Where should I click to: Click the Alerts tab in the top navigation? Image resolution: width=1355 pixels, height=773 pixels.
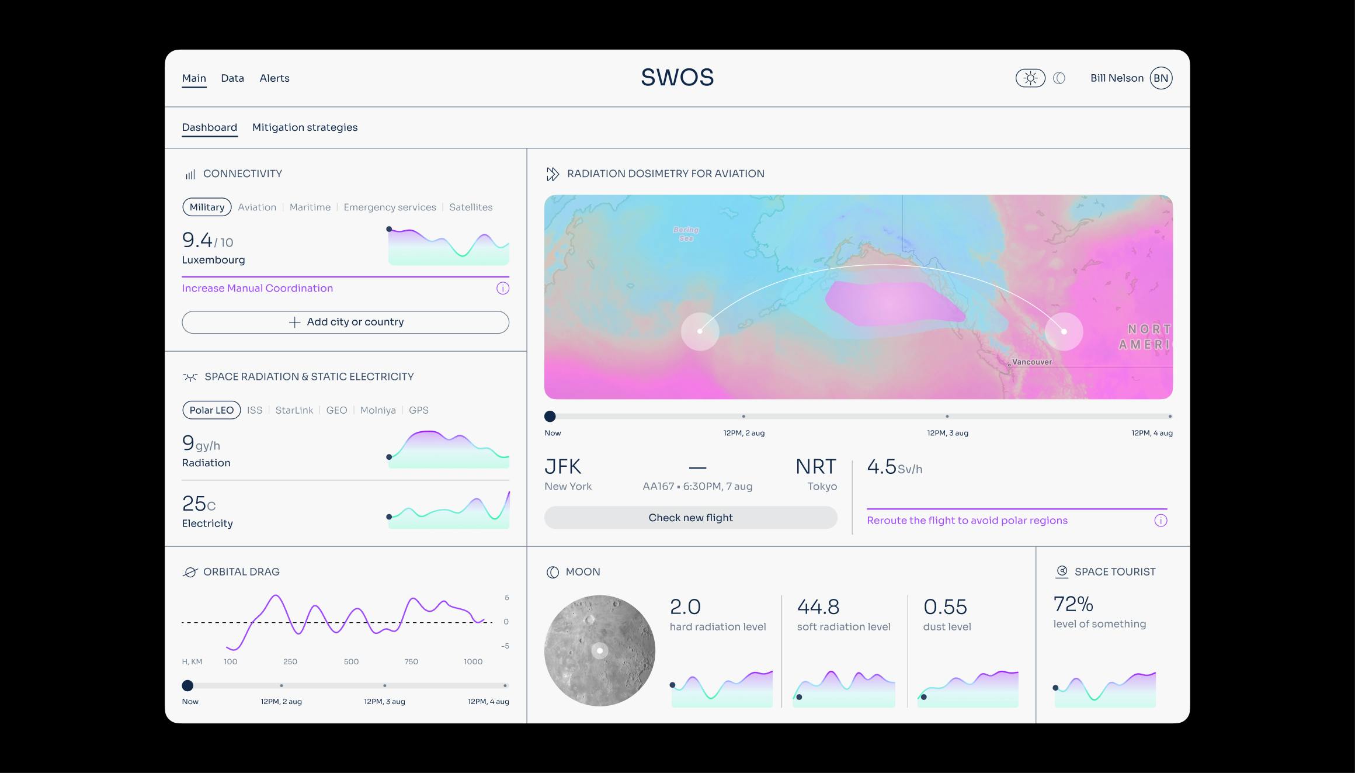[274, 78]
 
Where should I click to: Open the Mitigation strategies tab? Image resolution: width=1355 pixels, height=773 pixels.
[304, 127]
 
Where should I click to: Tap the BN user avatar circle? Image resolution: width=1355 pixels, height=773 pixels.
[1161, 78]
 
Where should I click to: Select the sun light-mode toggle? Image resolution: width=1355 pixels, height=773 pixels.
[1030, 78]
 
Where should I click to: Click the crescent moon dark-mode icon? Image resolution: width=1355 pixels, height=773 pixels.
[1059, 78]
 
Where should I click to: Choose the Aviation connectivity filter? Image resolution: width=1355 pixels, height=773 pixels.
[256, 207]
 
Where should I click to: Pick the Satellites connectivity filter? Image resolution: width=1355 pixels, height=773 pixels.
[470, 207]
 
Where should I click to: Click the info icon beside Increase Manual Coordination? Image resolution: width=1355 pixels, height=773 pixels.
[502, 288]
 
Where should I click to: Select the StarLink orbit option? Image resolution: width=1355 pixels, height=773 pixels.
[294, 410]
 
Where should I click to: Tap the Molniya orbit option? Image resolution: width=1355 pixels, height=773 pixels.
[377, 410]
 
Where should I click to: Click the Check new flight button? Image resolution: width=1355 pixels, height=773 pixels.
[690, 518]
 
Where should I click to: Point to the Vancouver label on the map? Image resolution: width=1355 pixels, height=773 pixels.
[1031, 362]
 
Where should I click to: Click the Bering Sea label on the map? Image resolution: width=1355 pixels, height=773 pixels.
[686, 234]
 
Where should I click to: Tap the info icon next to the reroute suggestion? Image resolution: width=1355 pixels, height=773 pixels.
[1160, 521]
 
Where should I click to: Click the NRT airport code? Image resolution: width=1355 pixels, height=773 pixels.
[815, 467]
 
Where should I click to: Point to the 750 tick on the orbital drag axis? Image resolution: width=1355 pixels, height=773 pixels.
[411, 662]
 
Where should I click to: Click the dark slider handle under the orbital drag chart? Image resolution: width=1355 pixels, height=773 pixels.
[187, 685]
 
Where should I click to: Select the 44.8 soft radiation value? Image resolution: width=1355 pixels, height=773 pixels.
[818, 607]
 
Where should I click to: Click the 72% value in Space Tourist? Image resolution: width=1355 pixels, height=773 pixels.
[1072, 604]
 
